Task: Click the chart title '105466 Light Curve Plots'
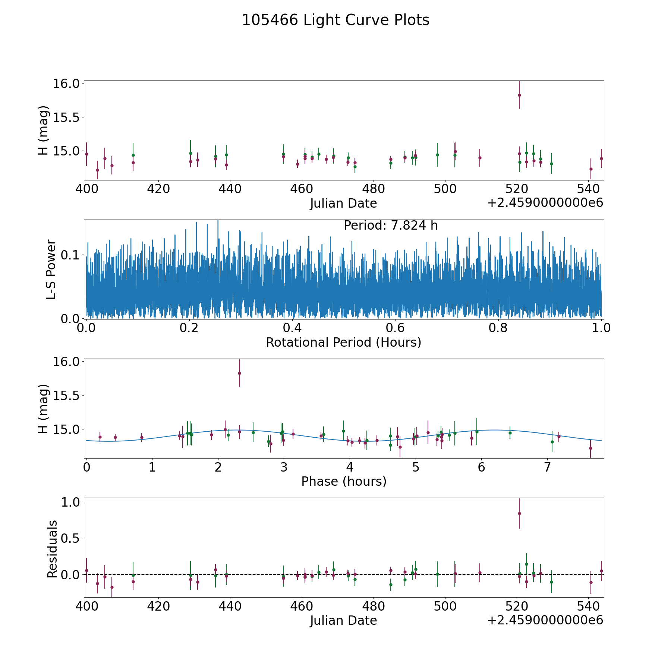click(x=335, y=20)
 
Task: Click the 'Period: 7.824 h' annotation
click(x=391, y=226)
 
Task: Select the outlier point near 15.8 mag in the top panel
click(x=519, y=95)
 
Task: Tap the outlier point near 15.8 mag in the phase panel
click(x=239, y=373)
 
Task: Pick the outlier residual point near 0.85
click(x=519, y=513)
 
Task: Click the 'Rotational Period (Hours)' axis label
click(x=343, y=342)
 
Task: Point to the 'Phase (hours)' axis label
click(x=343, y=481)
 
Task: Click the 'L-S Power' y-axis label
click(x=51, y=269)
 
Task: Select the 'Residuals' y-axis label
click(x=52, y=549)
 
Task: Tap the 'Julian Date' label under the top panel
click(x=343, y=204)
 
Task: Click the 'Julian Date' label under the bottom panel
click(x=343, y=620)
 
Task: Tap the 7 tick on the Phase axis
click(x=547, y=467)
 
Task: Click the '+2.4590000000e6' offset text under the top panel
click(x=545, y=203)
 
